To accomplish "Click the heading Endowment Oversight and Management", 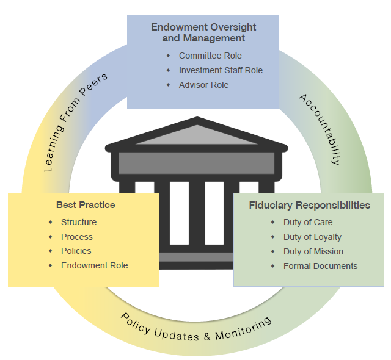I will (203, 32).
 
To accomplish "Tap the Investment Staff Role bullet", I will (221, 70).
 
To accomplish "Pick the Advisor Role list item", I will (203, 85).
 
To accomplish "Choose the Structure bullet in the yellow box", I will (79, 222).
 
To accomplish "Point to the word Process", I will (77, 237).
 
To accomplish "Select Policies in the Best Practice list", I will (76, 251).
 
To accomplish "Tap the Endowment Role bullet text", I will (95, 265).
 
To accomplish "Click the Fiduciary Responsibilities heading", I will (309, 205).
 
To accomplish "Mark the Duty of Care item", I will (308, 222).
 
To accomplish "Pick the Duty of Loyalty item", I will (312, 237).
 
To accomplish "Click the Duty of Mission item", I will (313, 251).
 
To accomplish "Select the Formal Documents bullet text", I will (320, 266).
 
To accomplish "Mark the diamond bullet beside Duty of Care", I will (272, 222).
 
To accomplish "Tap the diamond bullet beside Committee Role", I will (168, 56).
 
